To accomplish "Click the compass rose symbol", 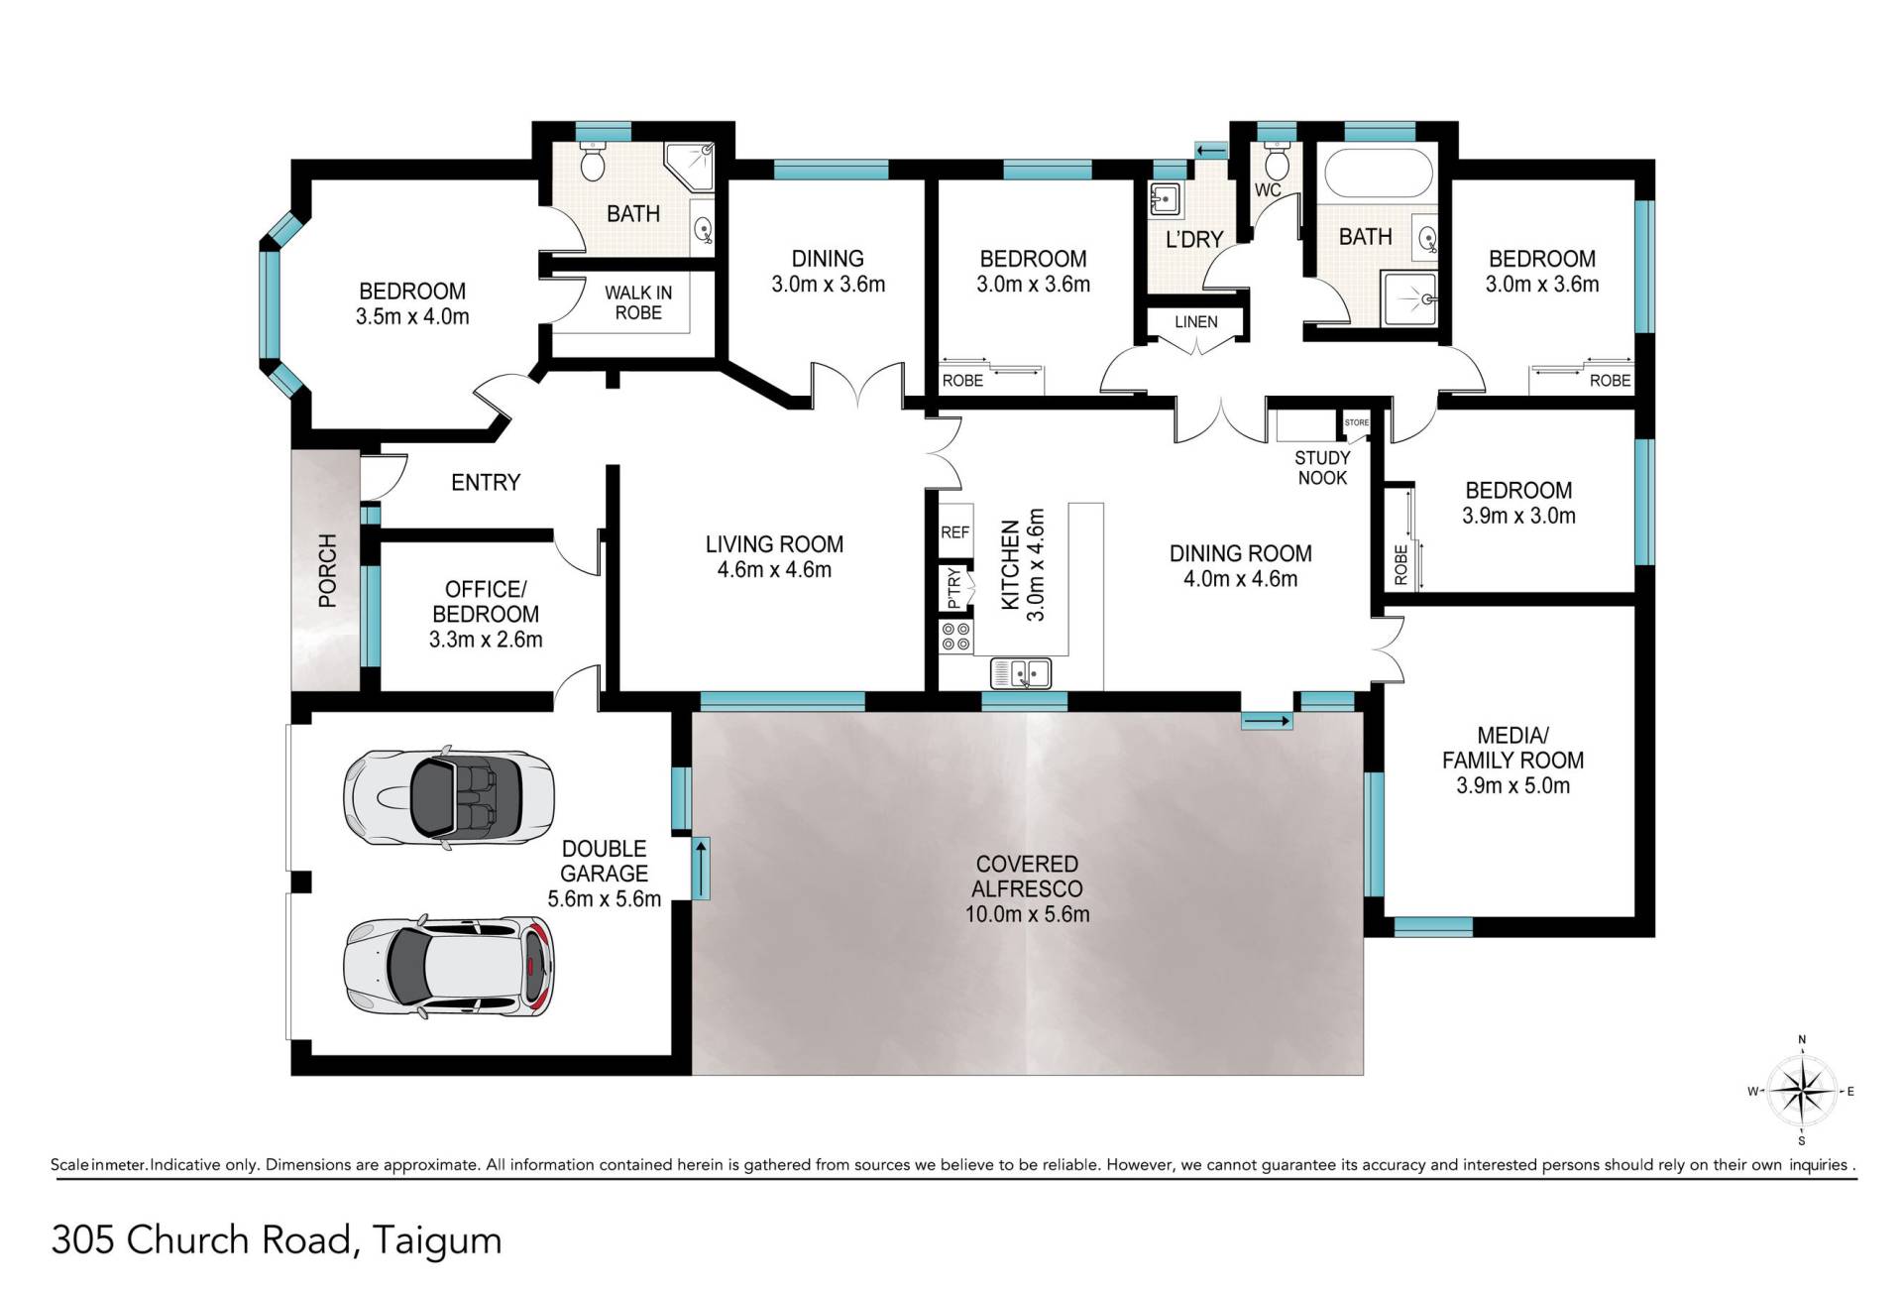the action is pyautogui.click(x=1802, y=1091).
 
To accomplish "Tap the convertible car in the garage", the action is pyautogui.click(x=448, y=795).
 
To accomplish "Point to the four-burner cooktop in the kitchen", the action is pyautogui.click(x=956, y=637).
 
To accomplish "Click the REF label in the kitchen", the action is pyautogui.click(x=955, y=532).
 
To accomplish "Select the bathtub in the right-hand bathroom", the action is pyautogui.click(x=1379, y=172).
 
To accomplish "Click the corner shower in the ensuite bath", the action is pyautogui.click(x=690, y=169).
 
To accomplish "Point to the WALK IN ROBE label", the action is pyautogui.click(x=638, y=302).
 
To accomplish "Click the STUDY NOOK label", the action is pyautogui.click(x=1322, y=468).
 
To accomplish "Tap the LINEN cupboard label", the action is pyautogui.click(x=1196, y=322).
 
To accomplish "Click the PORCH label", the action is pyautogui.click(x=327, y=570).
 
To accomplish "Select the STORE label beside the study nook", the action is pyautogui.click(x=1357, y=422).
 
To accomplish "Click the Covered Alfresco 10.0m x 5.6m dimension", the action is pyautogui.click(x=1027, y=914).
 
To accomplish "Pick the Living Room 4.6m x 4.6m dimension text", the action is pyautogui.click(x=774, y=570).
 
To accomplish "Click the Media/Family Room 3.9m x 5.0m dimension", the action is pyautogui.click(x=1512, y=786).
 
